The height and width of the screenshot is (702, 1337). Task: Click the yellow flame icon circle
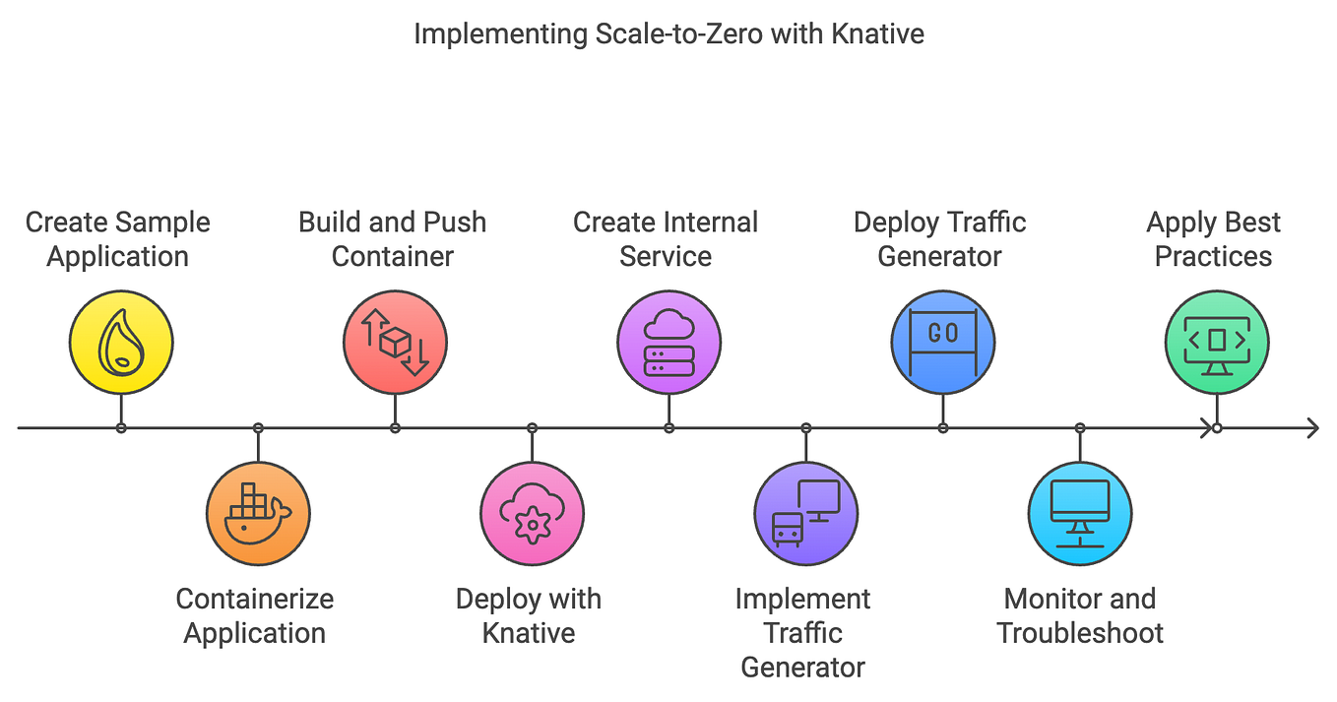click(x=121, y=343)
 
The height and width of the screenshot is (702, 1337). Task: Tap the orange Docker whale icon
click(x=258, y=513)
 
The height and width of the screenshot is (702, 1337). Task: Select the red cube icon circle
click(x=395, y=343)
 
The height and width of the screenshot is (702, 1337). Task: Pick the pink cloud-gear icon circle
click(x=532, y=513)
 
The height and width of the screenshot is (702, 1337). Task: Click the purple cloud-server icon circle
click(x=668, y=343)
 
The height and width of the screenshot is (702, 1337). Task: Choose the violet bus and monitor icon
click(x=805, y=513)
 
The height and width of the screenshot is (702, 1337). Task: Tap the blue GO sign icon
click(x=942, y=343)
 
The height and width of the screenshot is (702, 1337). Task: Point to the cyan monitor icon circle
click(x=1079, y=513)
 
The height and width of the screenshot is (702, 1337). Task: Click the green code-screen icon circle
click(x=1216, y=343)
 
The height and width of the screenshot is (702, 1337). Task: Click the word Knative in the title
click(x=877, y=33)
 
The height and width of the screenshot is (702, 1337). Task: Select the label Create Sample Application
click(x=118, y=239)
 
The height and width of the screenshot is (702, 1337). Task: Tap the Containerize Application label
click(x=255, y=615)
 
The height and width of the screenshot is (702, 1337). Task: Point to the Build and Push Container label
click(x=393, y=239)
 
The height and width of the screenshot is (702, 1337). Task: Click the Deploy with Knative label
click(x=529, y=615)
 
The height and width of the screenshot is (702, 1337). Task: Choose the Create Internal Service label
click(x=666, y=239)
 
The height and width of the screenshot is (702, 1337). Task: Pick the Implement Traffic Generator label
click(x=803, y=632)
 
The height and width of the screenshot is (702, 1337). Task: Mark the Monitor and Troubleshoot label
click(x=1080, y=615)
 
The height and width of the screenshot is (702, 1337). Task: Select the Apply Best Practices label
click(x=1213, y=239)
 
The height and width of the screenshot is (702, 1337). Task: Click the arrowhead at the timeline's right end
click(x=1311, y=428)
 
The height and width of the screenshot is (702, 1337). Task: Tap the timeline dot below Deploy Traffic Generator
click(x=942, y=428)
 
